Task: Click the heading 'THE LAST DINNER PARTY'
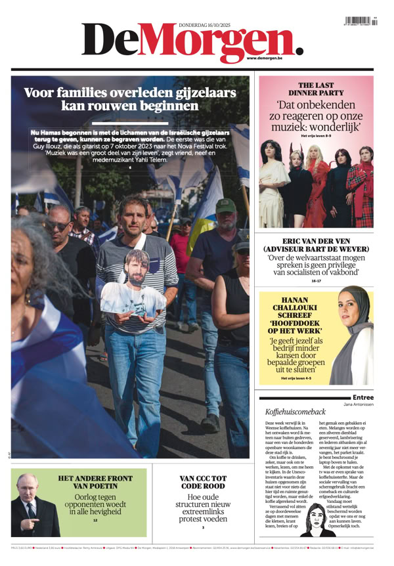tap(316, 89)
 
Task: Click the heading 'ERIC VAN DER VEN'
tap(316, 242)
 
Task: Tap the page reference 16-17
tap(316, 281)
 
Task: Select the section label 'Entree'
tap(363, 397)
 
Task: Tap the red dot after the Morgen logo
tap(299, 50)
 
